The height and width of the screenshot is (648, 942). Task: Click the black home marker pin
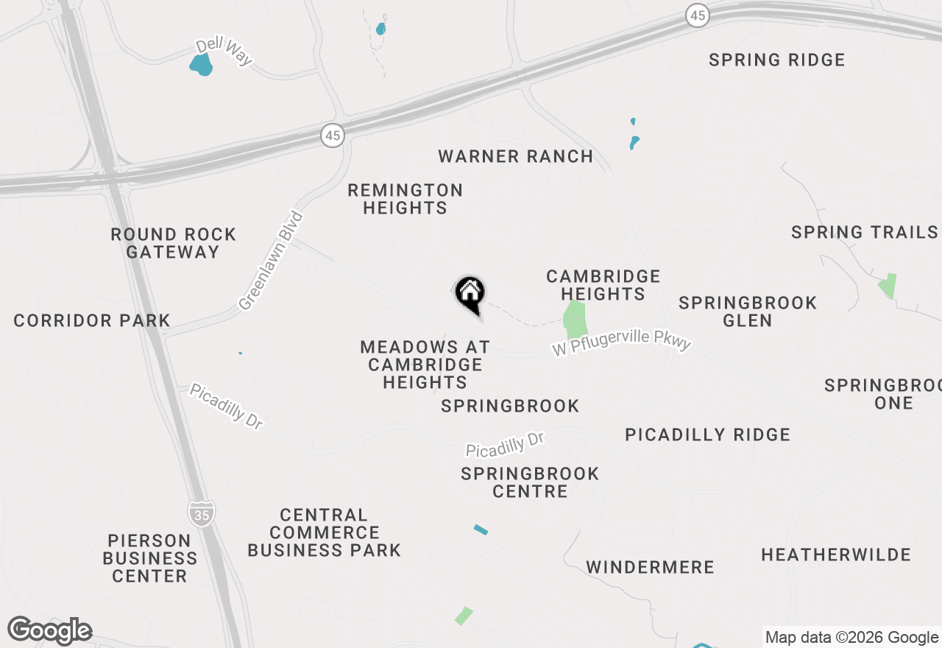coord(470,294)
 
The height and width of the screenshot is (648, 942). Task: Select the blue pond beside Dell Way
coord(201,66)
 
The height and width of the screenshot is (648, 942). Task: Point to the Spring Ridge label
coord(776,60)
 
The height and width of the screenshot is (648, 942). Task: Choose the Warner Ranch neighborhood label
coord(515,156)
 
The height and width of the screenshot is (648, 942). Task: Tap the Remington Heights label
coord(405,199)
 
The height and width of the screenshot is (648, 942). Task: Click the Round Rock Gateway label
coord(173,243)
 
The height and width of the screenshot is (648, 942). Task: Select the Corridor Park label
coord(92,320)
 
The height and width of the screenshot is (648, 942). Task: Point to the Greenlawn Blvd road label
coord(271,261)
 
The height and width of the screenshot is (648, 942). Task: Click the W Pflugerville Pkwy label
coord(621,342)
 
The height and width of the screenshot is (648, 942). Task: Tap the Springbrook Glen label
coord(747,311)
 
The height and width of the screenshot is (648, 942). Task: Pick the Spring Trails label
coord(864,233)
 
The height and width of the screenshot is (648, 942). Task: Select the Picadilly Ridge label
coord(707,435)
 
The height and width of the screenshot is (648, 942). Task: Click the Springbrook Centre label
coord(530,482)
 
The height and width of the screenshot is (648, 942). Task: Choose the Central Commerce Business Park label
coord(324,532)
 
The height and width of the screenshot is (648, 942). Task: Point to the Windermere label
coord(650,567)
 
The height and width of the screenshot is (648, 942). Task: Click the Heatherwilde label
coord(835,554)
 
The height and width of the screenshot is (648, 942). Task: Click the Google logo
coord(50,631)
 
